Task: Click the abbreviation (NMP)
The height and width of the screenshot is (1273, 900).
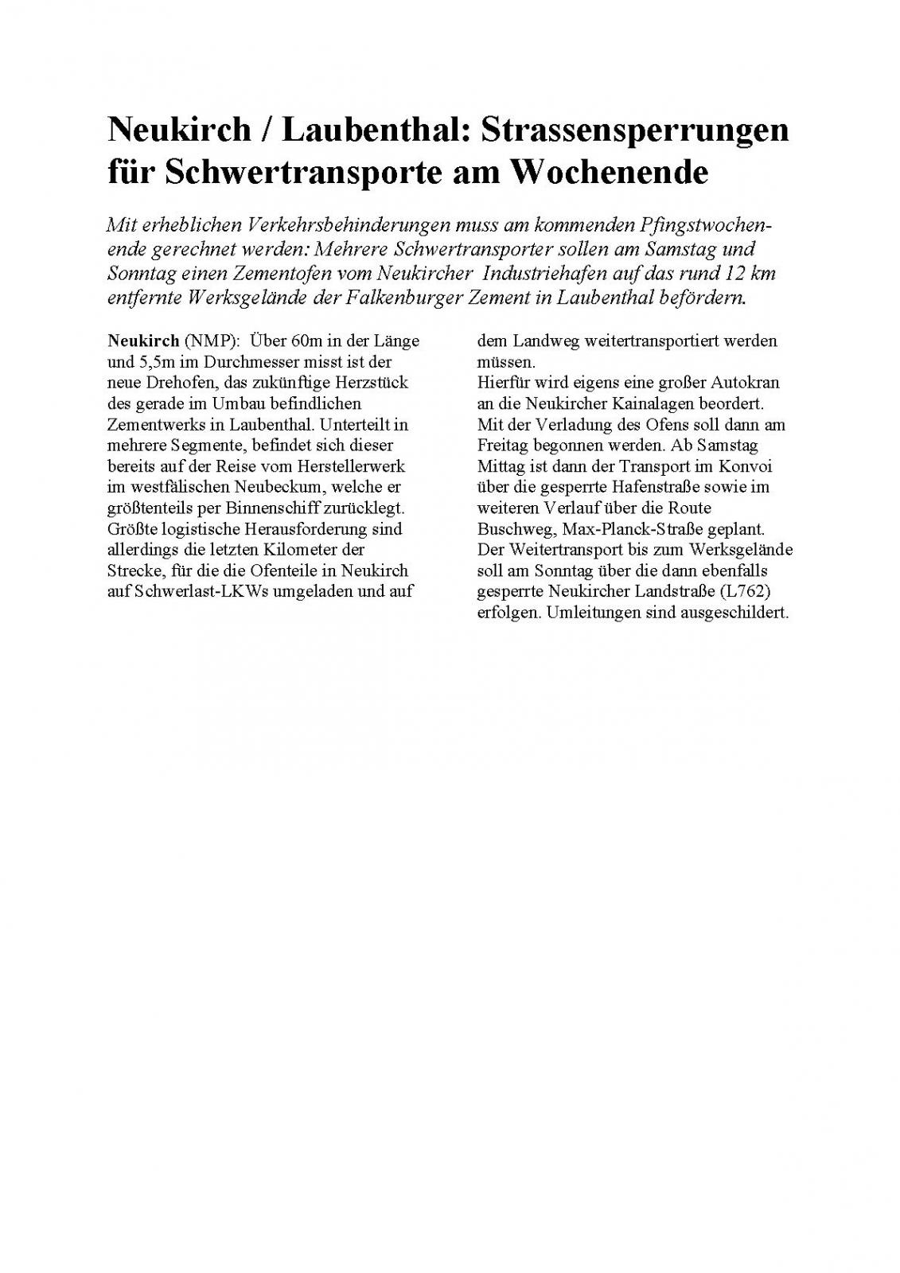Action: click(212, 341)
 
